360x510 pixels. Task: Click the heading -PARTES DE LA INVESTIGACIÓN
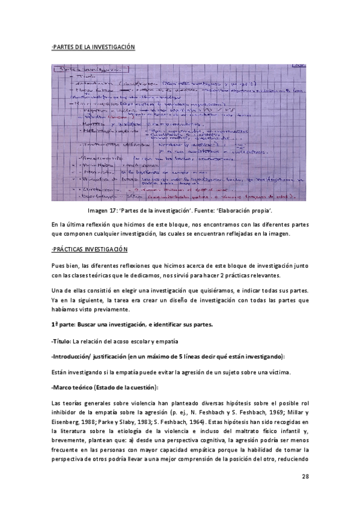pos(93,47)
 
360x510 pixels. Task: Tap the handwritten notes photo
pos(180,133)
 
